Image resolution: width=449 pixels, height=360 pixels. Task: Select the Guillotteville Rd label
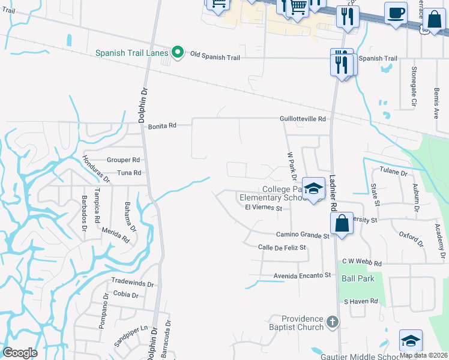(303, 119)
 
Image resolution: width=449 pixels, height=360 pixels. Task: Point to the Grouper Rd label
(123, 160)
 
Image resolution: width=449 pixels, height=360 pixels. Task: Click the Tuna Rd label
(128, 173)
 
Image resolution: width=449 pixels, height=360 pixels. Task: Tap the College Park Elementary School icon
(313, 189)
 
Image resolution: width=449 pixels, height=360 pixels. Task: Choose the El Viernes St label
(264, 208)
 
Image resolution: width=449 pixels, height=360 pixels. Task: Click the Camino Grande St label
(303, 236)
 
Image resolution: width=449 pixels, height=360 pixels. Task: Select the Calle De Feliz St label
(282, 247)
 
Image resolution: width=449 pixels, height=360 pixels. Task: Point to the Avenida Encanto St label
(303, 275)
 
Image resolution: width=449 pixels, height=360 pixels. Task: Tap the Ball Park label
(358, 278)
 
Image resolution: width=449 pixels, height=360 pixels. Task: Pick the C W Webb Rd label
(361, 263)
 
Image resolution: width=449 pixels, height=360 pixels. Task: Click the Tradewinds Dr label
(132, 283)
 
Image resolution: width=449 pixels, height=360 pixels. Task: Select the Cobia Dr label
(125, 295)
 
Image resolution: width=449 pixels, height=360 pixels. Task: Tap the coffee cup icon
(396, 14)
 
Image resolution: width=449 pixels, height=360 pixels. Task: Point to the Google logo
(20, 352)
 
